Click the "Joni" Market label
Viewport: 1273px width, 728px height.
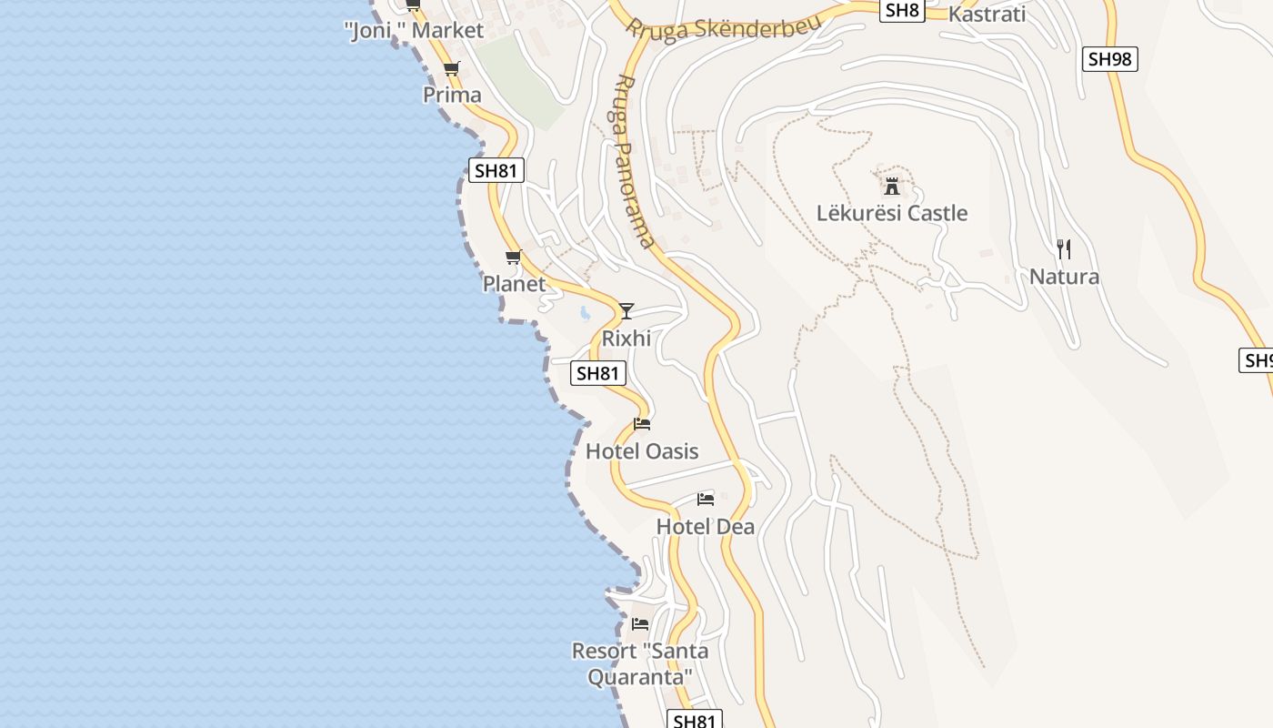click(415, 30)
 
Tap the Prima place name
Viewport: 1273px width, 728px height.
click(452, 95)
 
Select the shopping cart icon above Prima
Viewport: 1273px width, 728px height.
click(451, 68)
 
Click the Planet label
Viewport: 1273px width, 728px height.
click(514, 284)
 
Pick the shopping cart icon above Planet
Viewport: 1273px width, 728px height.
click(513, 258)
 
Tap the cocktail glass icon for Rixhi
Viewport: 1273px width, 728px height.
click(626, 311)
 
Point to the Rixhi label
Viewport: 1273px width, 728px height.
click(626, 339)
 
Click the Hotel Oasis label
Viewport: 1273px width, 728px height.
click(642, 451)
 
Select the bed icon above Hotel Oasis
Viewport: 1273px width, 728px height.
click(642, 424)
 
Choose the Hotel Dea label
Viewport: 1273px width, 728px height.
click(706, 527)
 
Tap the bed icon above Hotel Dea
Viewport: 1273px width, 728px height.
click(706, 500)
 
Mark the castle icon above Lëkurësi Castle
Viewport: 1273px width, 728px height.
click(892, 187)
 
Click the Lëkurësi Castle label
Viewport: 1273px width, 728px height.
click(892, 214)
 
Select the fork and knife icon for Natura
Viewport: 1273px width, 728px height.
click(1064, 249)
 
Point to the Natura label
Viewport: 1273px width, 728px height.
click(1064, 277)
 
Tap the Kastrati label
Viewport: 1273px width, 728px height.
click(987, 14)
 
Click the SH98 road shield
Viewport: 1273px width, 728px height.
click(1110, 59)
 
